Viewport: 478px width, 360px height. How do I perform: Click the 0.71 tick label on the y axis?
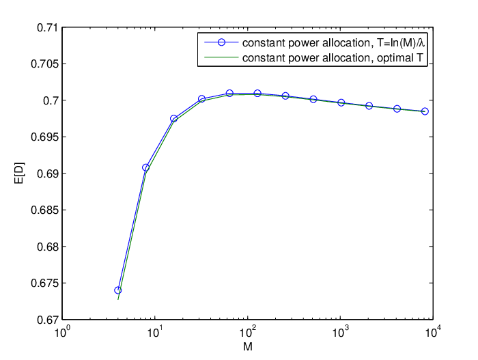(x=47, y=28)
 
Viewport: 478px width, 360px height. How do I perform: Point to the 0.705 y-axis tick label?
(x=44, y=64)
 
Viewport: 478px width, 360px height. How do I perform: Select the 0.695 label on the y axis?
(x=44, y=137)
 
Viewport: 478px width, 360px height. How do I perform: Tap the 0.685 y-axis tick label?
(x=44, y=210)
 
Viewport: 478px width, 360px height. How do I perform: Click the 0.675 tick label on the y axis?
(x=44, y=283)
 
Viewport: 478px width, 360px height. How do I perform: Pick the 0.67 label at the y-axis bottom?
(x=47, y=320)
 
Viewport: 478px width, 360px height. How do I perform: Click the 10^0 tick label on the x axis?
(x=63, y=332)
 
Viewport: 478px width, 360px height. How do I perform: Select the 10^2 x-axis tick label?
(x=248, y=332)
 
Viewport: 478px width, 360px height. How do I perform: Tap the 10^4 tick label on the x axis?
(x=433, y=332)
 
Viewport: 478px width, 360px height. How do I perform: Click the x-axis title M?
(x=248, y=347)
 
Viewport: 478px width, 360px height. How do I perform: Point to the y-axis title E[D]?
(x=20, y=174)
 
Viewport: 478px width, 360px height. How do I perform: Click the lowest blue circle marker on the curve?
(x=118, y=290)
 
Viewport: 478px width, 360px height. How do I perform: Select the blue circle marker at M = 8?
(x=146, y=167)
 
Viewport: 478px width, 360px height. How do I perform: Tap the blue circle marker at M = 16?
(x=173, y=119)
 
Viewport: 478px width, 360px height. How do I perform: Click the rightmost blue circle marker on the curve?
(x=425, y=111)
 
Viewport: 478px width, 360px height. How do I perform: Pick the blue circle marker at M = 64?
(x=229, y=94)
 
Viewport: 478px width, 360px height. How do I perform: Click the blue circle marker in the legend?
(x=221, y=42)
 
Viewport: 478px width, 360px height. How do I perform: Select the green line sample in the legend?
(x=221, y=57)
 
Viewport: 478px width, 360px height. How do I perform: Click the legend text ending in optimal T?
(x=333, y=57)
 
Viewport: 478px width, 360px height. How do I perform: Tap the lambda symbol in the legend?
(x=421, y=43)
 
